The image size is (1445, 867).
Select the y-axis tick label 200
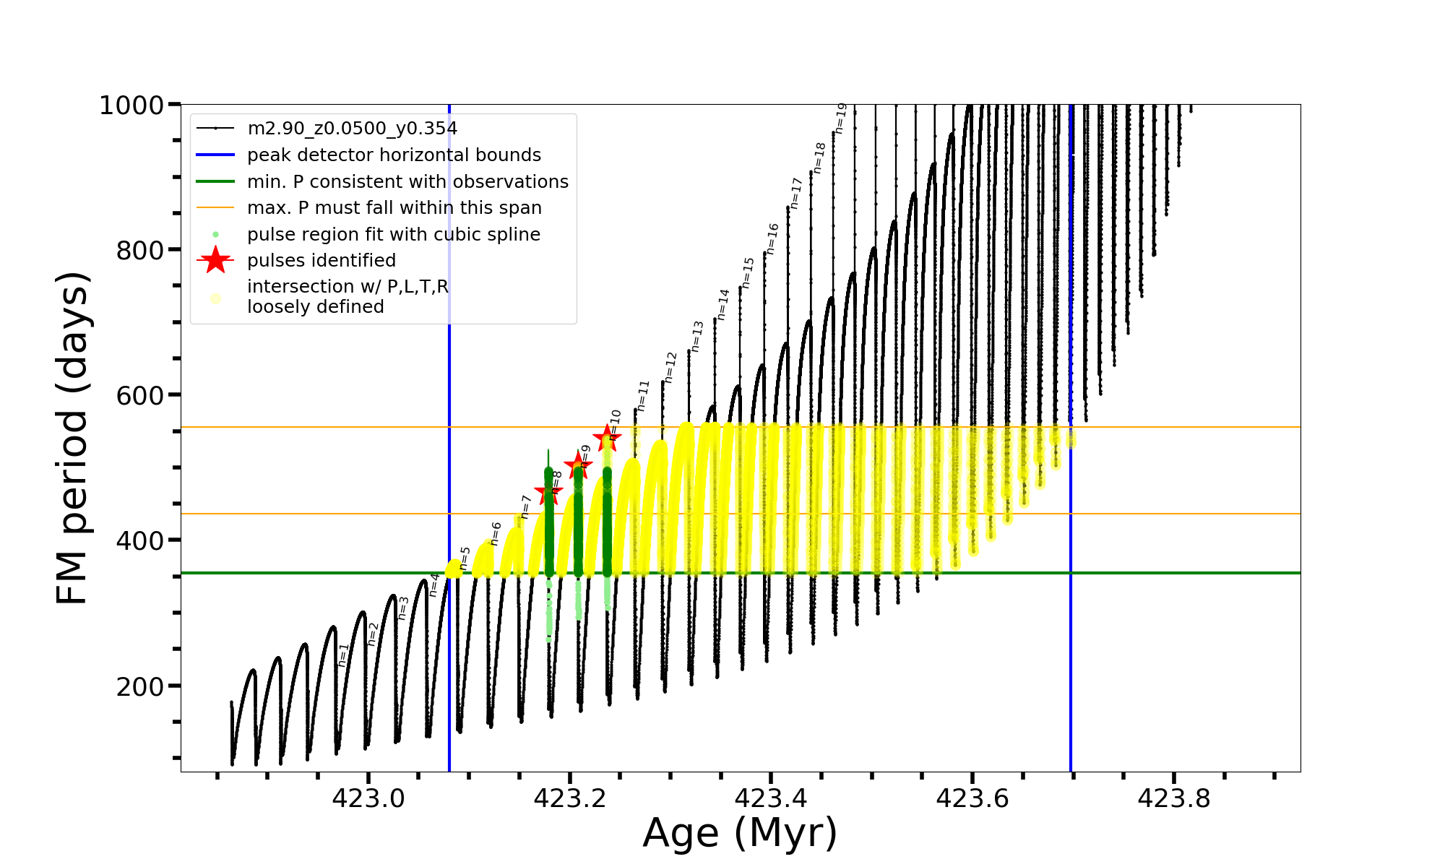[x=140, y=686]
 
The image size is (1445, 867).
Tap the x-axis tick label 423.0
[x=368, y=798]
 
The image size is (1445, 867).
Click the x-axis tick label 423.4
[x=771, y=798]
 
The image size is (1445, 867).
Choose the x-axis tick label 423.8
[x=1174, y=798]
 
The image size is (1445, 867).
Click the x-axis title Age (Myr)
[x=740, y=833]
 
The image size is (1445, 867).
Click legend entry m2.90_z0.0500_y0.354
[x=352, y=129]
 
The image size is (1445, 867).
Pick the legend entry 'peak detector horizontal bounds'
[x=394, y=155]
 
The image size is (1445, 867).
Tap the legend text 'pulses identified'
[x=322, y=261]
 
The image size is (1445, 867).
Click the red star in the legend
[x=215, y=260]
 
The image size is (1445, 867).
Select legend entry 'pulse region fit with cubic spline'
[x=394, y=235]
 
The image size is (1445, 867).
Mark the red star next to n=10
[x=606, y=438]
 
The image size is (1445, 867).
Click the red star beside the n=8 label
[x=548, y=493]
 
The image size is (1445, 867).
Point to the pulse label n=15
[x=748, y=272]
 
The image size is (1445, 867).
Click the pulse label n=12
[x=670, y=367]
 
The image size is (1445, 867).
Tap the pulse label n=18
[x=819, y=158]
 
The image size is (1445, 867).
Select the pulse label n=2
[x=373, y=634]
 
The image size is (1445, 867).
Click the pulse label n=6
[x=496, y=533]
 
